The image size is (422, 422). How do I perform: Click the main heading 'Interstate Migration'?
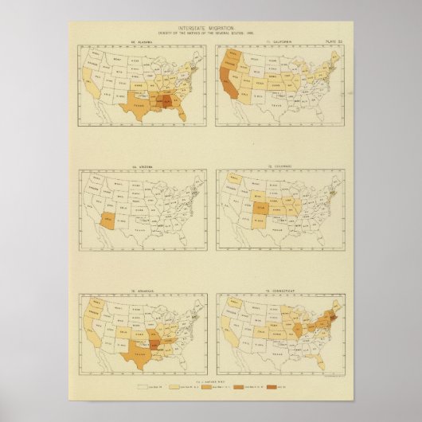[x=211, y=29]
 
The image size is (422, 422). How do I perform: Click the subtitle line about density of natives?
[x=211, y=34]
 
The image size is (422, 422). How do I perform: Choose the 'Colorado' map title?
[x=280, y=165]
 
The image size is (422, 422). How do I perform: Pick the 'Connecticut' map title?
[x=280, y=290]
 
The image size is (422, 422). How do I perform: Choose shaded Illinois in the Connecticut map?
[x=295, y=326]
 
